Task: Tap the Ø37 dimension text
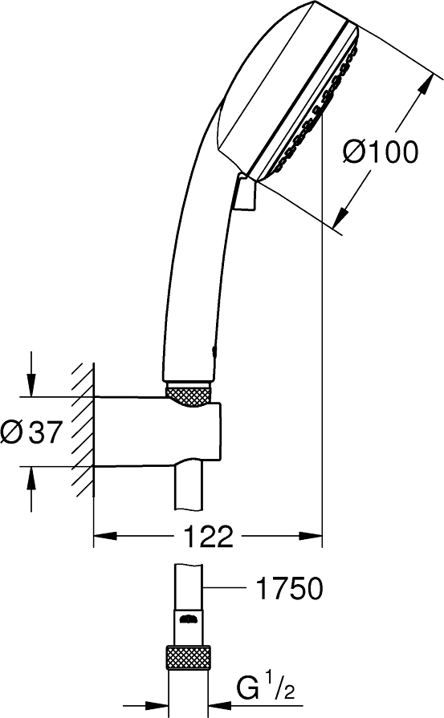(x=31, y=432)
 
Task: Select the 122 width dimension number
(x=209, y=536)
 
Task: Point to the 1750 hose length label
(x=290, y=588)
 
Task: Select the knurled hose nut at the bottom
(x=188, y=659)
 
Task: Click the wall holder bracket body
(x=157, y=432)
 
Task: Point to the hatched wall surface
(x=84, y=431)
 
